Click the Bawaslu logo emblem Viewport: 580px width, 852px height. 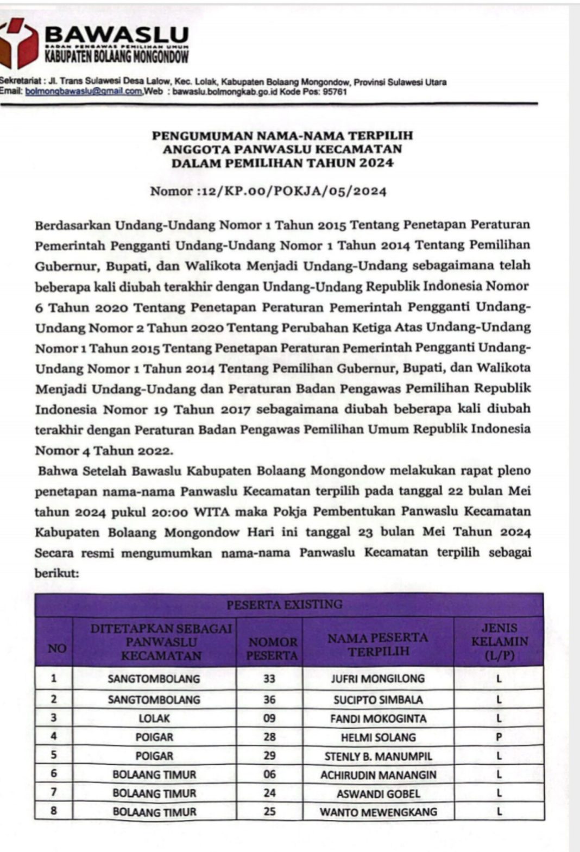tap(19, 42)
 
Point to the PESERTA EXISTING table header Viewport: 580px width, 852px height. tap(285, 604)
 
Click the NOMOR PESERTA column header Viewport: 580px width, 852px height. tap(272, 648)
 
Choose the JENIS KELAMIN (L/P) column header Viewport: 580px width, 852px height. tap(499, 642)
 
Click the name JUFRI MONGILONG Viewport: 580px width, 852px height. tap(378, 678)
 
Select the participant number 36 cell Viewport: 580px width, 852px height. tap(269, 699)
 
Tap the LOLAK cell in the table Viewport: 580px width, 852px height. tap(154, 718)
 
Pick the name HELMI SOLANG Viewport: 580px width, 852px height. tap(378, 737)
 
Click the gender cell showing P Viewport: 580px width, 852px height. tap(499, 737)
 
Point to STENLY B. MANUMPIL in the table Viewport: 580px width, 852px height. tap(378, 756)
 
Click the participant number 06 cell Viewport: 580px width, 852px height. tap(269, 774)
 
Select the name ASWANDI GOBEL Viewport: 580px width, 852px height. tap(378, 793)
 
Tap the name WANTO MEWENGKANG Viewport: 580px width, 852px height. tap(378, 812)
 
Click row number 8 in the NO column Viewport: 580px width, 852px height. tap(53, 812)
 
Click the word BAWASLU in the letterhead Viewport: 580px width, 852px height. tap(117, 35)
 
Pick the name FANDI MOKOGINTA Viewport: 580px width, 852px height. tap(378, 718)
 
